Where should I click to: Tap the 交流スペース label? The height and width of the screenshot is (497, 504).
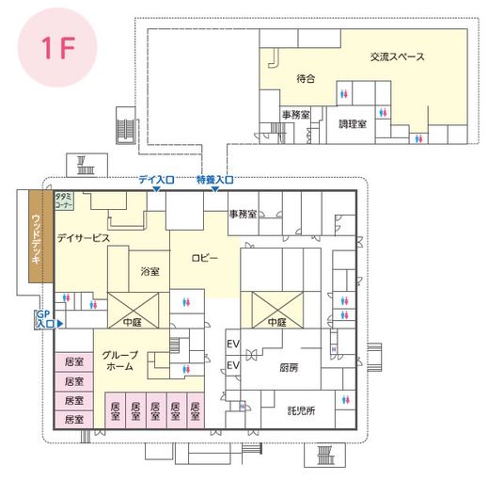pos(397,57)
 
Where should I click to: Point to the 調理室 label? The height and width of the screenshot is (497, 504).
pos(353,123)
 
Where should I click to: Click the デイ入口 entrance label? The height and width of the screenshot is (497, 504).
pos(156,179)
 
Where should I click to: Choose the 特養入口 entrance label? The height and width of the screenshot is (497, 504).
pos(214,179)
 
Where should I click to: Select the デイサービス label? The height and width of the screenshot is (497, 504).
pos(83,238)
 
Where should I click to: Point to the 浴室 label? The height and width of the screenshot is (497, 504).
pos(150,271)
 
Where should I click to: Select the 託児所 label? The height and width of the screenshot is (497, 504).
pos(301,410)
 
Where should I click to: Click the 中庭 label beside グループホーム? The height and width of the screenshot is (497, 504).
pos(132,322)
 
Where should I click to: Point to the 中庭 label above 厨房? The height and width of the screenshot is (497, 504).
pos(276,322)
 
